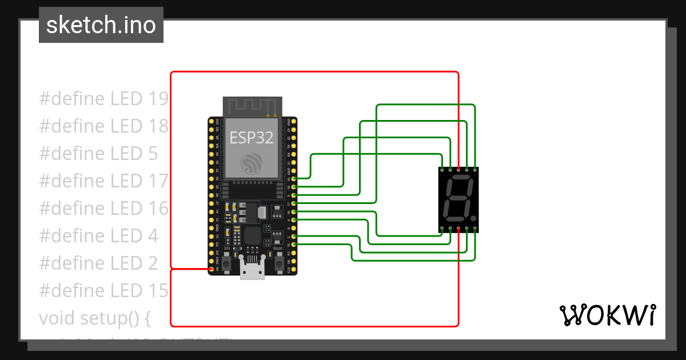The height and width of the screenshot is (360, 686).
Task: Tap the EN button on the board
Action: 227,263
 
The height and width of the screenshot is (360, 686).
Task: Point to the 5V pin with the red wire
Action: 211,269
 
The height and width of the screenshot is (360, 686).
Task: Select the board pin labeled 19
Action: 294,179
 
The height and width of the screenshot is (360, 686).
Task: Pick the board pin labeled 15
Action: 294,245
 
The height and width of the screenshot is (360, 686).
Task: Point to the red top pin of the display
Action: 458,170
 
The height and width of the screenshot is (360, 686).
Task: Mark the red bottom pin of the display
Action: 458,229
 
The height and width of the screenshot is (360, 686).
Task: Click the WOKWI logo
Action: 607,315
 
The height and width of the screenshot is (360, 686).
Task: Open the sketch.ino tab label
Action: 101,25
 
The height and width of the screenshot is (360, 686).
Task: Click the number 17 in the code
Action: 157,181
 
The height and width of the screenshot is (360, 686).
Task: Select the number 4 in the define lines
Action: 151,235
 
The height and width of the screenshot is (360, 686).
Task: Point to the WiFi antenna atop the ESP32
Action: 252,105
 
